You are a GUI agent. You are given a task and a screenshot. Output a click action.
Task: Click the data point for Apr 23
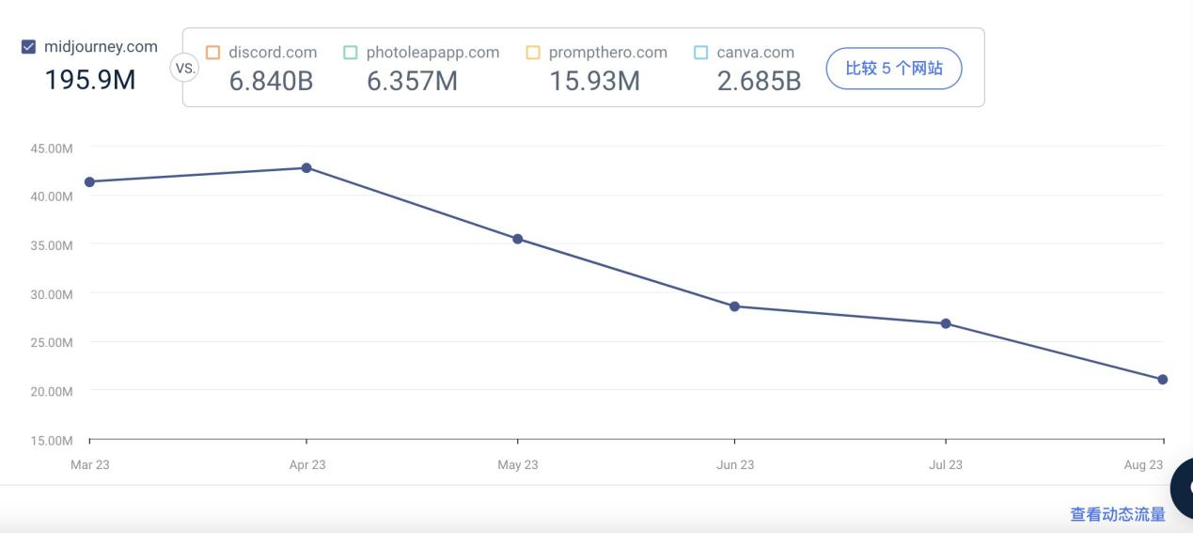point(306,168)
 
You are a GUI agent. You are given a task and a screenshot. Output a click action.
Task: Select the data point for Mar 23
point(89,181)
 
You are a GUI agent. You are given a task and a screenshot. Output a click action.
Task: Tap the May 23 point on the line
point(517,239)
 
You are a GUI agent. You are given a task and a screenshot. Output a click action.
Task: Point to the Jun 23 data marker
point(734,306)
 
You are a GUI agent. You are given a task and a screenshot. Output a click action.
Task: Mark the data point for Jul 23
point(946,323)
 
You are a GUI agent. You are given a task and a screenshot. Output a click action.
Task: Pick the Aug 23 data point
point(1163,380)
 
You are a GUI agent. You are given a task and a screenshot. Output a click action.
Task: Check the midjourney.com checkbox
point(28,47)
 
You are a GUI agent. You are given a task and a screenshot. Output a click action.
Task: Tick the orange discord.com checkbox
point(212,53)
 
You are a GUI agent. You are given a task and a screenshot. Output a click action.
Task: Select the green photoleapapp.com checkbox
point(351,53)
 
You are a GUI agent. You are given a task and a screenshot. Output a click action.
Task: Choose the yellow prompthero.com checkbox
point(533,53)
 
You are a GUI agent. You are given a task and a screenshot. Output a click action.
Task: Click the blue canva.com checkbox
point(700,53)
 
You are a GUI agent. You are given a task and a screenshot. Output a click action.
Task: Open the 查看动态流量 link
point(1117,514)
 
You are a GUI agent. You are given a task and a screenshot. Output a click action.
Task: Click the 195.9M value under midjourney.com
point(90,80)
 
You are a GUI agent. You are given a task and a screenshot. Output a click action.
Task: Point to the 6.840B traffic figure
point(271,81)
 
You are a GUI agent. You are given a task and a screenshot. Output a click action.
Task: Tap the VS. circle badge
point(185,68)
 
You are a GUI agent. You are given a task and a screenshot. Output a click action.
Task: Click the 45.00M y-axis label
point(53,148)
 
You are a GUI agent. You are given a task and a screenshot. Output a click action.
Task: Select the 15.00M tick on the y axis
point(53,440)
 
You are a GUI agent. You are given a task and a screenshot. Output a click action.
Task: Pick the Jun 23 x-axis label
point(734,464)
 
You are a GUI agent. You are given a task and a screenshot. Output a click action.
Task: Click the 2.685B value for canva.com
point(759,81)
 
